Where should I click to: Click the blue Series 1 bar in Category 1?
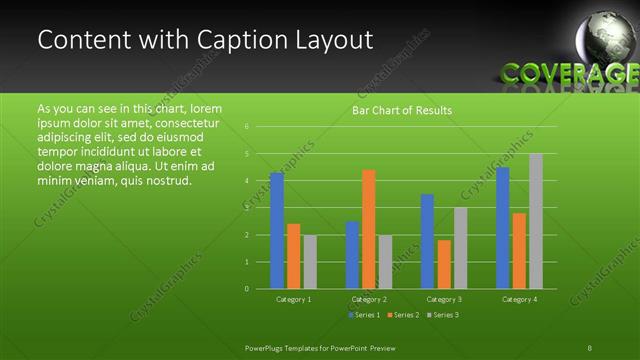click(x=277, y=230)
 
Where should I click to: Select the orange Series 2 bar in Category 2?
click(x=368, y=229)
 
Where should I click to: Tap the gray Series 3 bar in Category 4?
click(x=536, y=221)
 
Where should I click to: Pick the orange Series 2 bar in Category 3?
click(x=444, y=264)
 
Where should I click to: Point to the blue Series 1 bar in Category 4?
click(x=502, y=228)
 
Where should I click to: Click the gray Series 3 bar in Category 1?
click(x=310, y=262)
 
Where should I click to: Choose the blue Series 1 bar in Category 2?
click(x=352, y=255)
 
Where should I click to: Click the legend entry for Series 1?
click(x=363, y=315)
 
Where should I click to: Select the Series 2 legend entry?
click(x=403, y=315)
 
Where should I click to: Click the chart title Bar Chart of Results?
click(x=402, y=110)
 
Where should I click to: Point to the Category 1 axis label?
click(x=294, y=299)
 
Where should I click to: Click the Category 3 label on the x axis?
click(x=444, y=299)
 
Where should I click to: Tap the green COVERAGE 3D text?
click(x=568, y=74)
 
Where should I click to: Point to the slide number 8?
click(x=590, y=347)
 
